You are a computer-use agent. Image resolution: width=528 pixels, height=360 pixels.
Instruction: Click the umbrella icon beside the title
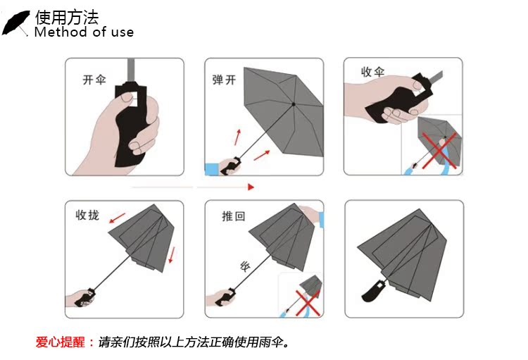pyautogui.click(x=15, y=23)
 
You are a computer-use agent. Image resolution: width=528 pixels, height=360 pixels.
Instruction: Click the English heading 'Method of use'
pyautogui.click(x=84, y=32)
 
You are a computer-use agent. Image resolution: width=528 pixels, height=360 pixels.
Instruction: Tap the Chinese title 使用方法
pyautogui.click(x=67, y=18)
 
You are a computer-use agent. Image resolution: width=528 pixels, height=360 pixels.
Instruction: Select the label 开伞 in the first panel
pyautogui.click(x=94, y=80)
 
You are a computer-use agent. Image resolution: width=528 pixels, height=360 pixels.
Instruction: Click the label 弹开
pyautogui.click(x=224, y=80)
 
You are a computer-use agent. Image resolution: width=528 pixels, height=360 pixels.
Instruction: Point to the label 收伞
pyautogui.click(x=372, y=72)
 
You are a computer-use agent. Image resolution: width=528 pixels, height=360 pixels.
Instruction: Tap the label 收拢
pyautogui.click(x=87, y=215)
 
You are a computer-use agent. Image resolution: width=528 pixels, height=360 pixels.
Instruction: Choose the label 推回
pyautogui.click(x=233, y=216)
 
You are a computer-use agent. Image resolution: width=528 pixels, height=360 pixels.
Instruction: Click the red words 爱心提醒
pyautogui.click(x=61, y=342)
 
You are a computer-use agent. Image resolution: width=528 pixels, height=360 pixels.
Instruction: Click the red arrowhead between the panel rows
pyautogui.click(x=251, y=187)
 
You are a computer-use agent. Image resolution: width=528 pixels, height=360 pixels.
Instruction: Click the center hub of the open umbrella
pyautogui.click(x=294, y=104)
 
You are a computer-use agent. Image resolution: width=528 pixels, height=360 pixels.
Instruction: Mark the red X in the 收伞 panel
pyautogui.click(x=439, y=150)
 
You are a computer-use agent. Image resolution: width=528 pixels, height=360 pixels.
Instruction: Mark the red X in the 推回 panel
pyautogui.click(x=308, y=304)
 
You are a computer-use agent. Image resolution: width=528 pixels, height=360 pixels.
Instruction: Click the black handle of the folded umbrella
pyautogui.click(x=373, y=290)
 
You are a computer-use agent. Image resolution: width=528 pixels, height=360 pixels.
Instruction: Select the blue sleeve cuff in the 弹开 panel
pyautogui.click(x=211, y=169)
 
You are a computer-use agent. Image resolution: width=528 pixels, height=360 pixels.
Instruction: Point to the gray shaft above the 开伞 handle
pyautogui.click(x=132, y=70)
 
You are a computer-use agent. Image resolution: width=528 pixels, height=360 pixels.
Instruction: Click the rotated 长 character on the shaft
pyautogui.click(x=245, y=266)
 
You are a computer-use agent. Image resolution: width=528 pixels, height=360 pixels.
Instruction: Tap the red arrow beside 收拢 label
pyautogui.click(x=117, y=218)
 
